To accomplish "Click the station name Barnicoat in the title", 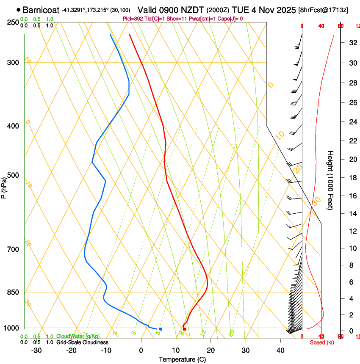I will point(41,9).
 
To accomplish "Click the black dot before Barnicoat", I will point(18,9).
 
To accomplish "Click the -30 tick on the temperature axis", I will point(36,350).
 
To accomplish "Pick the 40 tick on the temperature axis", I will point(280,350).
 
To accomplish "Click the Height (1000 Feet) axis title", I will point(331,180).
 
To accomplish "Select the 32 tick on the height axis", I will point(352,43).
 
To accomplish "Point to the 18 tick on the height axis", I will point(352,178).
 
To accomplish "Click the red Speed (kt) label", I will point(322,342).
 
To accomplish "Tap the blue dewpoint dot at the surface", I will point(160,329).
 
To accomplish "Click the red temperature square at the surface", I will point(184,329).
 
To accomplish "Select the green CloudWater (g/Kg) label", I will point(76,336).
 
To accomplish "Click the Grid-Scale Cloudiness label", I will point(82,342).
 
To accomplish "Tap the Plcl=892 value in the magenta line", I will point(132,19).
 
